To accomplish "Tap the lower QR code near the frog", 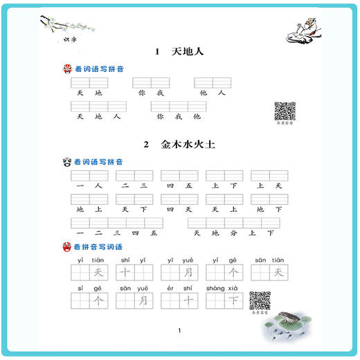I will click(x=260, y=300).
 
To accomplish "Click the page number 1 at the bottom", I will click(x=179, y=330).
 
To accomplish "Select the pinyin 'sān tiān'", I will click(x=269, y=260).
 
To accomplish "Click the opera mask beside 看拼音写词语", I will click(x=67, y=246).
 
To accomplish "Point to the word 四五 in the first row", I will click(x=179, y=186).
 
